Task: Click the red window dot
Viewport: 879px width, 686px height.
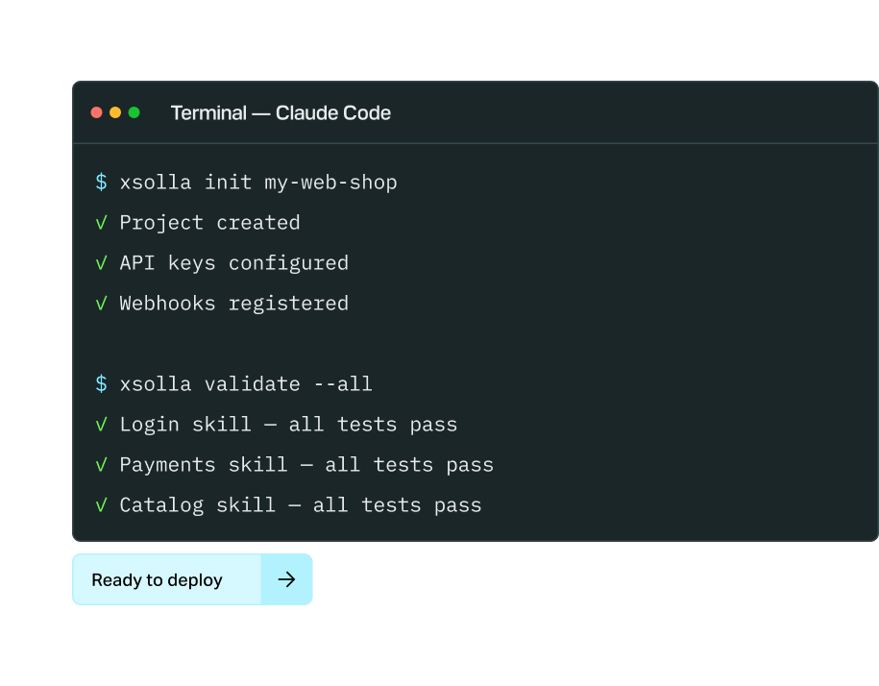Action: coord(96,112)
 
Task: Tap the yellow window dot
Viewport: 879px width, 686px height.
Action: coord(115,112)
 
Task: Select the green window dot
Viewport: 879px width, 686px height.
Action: coord(134,112)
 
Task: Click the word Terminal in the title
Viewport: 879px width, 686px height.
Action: coord(208,113)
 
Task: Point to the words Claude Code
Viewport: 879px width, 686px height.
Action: coord(333,113)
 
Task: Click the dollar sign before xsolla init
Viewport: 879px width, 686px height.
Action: coord(101,183)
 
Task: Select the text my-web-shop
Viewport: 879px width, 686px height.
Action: coord(330,183)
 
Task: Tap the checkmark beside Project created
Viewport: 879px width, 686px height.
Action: coord(101,223)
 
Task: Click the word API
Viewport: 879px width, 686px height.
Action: coord(136,263)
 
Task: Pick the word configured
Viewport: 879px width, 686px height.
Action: coord(288,263)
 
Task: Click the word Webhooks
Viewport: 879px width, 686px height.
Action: coord(167,304)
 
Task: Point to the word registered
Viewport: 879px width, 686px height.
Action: coord(288,304)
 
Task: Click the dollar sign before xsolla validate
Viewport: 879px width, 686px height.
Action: coord(101,384)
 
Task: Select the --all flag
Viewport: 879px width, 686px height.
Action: coord(343,384)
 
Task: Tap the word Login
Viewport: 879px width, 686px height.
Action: coord(149,425)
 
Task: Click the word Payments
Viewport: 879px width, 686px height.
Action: coord(167,465)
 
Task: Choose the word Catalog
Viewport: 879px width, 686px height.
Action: coord(160,505)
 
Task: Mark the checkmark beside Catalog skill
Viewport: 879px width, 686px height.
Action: coord(101,505)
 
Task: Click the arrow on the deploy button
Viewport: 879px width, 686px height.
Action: coord(286,579)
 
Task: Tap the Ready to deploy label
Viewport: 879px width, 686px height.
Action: coord(157,580)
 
